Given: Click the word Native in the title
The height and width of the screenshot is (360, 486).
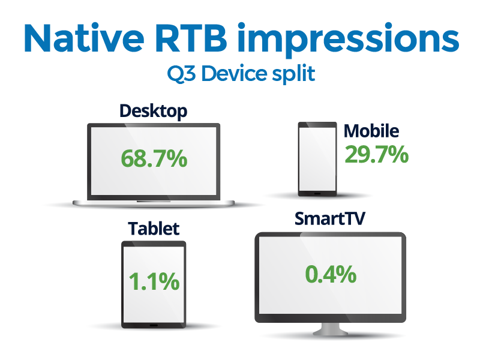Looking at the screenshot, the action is pyautogui.click(x=84, y=38).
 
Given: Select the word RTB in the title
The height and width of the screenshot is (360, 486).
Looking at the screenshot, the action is pyautogui.click(x=191, y=38).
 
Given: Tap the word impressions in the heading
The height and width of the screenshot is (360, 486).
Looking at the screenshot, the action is pyautogui.click(x=349, y=40).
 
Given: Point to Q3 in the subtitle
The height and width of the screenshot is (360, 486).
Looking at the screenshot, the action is pyautogui.click(x=181, y=74).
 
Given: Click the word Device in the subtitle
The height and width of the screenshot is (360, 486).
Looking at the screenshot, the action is pyautogui.click(x=235, y=73).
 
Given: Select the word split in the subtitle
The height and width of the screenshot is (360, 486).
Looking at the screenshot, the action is pyautogui.click(x=294, y=74).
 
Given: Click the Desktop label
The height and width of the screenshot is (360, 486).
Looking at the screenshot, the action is pyautogui.click(x=154, y=112).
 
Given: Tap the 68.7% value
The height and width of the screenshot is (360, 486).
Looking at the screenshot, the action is pyautogui.click(x=154, y=158).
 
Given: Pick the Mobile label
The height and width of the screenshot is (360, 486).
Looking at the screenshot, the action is pyautogui.click(x=371, y=131).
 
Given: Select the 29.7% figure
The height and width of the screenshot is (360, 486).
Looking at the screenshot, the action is pyautogui.click(x=377, y=154).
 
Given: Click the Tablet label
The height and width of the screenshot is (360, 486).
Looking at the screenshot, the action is pyautogui.click(x=154, y=229).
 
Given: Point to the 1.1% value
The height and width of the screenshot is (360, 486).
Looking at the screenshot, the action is pyautogui.click(x=154, y=281).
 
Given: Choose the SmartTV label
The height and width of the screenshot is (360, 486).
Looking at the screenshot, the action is pyautogui.click(x=330, y=218).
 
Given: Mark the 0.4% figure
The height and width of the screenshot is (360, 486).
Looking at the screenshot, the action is pyautogui.click(x=331, y=274).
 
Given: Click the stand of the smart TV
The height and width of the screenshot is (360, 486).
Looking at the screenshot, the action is pyautogui.click(x=331, y=329).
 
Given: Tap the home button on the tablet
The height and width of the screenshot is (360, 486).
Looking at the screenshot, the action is pyautogui.click(x=154, y=325).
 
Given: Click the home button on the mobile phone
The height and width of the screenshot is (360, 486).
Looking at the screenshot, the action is pyautogui.click(x=317, y=193).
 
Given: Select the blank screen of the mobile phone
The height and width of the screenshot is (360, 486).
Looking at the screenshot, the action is pyautogui.click(x=317, y=160).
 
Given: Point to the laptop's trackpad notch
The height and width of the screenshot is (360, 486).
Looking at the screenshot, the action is pyautogui.click(x=154, y=202).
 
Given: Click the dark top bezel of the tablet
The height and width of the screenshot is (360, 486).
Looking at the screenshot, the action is pyautogui.click(x=154, y=244).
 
